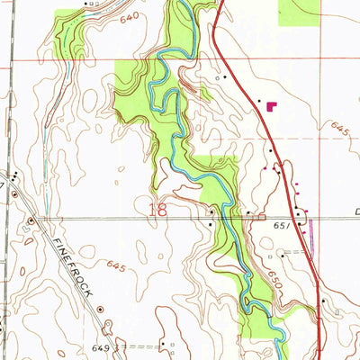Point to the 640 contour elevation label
[x=130, y=18]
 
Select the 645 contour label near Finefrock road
[x=115, y=265]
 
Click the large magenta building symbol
[x=272, y=106]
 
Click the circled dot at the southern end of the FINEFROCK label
[x=101, y=309]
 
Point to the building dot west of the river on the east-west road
[x=210, y=212]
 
